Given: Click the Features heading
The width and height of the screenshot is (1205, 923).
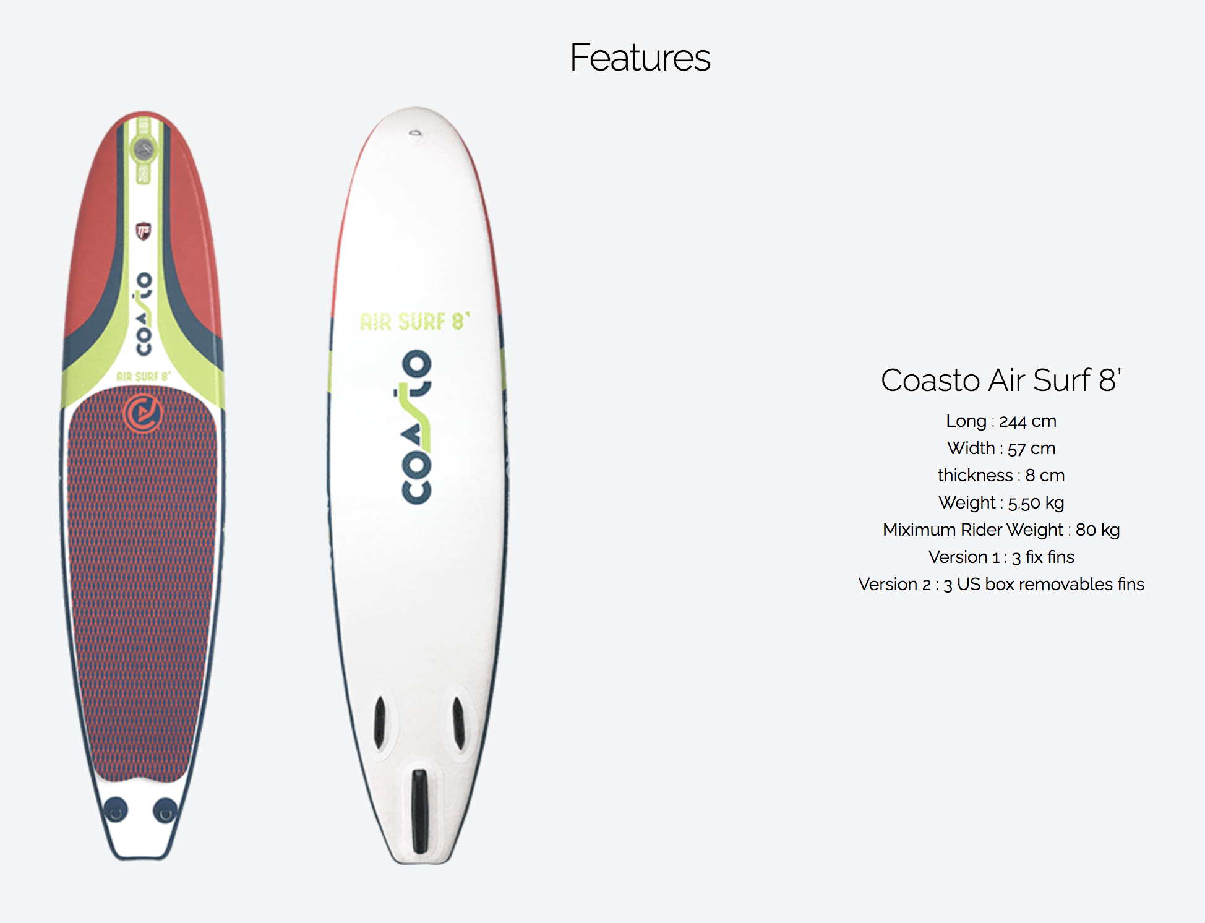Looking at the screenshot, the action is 640,58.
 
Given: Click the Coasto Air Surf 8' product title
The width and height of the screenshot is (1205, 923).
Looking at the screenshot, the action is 1001,380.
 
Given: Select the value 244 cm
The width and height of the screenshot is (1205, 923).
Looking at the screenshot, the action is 1027,421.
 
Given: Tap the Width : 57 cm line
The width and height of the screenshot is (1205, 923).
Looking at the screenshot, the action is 1001,448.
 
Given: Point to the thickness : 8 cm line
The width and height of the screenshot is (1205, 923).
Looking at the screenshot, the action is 1001,475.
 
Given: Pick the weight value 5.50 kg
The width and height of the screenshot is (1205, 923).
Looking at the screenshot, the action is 1036,503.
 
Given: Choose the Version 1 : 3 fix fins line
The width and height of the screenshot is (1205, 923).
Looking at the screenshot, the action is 1001,557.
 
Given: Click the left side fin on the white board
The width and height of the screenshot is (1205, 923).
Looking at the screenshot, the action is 380,723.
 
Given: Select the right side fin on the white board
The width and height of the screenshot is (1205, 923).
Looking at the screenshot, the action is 458,723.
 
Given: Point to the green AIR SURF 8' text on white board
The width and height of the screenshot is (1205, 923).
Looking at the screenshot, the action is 415,322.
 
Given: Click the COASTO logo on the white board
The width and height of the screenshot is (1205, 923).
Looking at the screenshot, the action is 416,427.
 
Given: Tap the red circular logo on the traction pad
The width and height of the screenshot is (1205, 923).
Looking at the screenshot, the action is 143,413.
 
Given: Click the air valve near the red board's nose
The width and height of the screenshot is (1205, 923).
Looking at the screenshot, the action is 144,149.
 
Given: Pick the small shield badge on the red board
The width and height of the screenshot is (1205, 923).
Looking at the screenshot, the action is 144,231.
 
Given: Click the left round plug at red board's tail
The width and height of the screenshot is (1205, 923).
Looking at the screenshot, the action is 116,810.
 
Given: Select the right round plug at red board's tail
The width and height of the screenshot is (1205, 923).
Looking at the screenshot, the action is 165,810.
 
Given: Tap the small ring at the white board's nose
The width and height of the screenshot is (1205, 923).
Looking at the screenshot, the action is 415,133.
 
